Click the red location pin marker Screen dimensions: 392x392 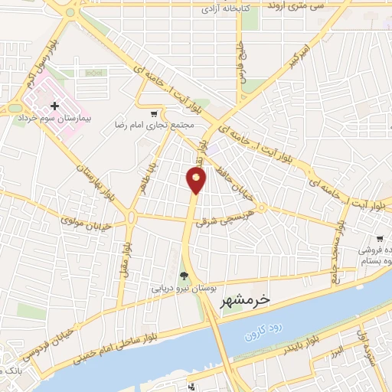[x=196, y=180]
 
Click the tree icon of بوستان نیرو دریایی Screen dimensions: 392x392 [x=183, y=276]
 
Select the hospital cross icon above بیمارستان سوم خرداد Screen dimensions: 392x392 [x=54, y=106]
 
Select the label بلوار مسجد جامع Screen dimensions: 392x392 [x=334, y=252]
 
